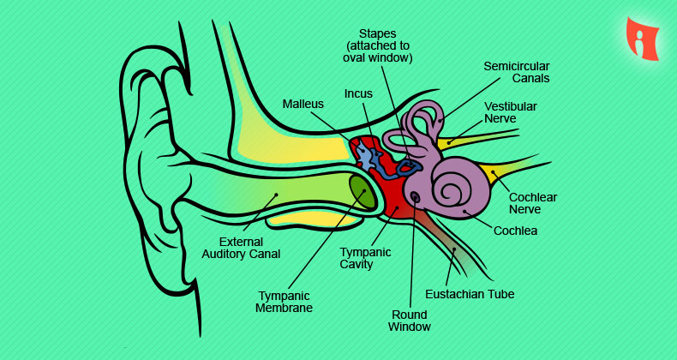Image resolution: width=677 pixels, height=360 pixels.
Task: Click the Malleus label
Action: point(303,104)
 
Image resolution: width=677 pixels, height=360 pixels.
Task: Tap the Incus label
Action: point(358,93)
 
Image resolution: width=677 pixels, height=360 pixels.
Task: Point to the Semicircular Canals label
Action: point(516,72)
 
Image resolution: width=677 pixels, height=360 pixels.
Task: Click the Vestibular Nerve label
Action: point(511,112)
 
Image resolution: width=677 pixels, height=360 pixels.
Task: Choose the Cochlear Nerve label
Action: point(533,203)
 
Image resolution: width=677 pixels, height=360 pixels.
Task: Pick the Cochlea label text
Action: point(515,230)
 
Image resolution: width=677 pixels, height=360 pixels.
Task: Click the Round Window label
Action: point(409,320)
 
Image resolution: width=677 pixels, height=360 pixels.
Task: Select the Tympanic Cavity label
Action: point(365,258)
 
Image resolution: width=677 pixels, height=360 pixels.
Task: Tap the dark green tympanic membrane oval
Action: point(362,192)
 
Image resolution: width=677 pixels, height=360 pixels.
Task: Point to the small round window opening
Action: point(416,197)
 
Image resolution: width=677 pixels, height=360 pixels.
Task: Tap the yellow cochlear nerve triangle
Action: point(494,174)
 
